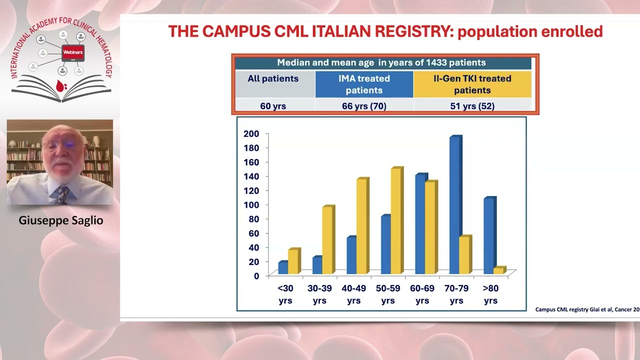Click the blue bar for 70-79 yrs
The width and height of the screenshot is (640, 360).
pos(455,205)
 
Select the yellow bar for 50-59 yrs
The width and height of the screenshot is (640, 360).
pos(397,220)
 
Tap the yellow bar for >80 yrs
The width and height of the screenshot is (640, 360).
pos(499,270)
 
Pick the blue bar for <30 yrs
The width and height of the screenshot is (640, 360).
pos(283,267)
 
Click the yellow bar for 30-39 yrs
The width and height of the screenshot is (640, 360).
pos(328,239)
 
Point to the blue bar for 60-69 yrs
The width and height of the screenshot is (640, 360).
pos(421,223)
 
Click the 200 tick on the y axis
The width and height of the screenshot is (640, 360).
pos(251,133)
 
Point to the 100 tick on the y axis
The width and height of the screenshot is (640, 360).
pos(251,205)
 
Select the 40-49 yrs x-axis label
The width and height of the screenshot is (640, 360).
pos(353,294)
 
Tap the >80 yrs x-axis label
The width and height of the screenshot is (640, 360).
pos(490,294)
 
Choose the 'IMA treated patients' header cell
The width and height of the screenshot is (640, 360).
pos(364,84)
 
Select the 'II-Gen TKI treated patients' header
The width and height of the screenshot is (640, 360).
pos(472,84)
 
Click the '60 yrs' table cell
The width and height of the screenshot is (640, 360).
pos(273,106)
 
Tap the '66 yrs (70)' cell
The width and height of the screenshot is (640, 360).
pos(364,106)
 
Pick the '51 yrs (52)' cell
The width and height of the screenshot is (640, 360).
pos(472,106)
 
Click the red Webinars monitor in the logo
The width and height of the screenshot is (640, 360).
pos(73,53)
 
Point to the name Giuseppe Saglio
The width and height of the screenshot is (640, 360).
pos(61,220)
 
